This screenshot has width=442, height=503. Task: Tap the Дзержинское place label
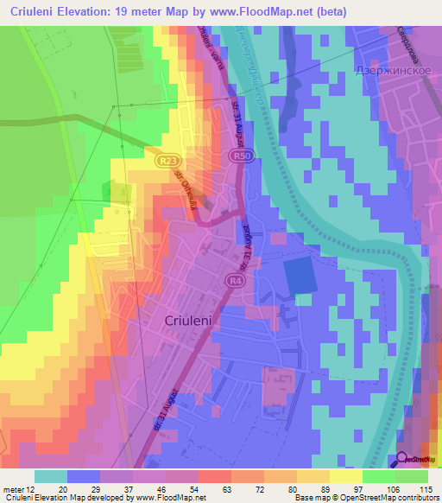point(394,73)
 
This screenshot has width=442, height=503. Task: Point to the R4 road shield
point(235,281)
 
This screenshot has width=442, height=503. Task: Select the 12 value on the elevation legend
point(30,489)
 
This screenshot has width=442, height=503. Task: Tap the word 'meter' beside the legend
point(12,489)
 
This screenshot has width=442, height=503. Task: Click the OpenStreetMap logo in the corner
point(415,459)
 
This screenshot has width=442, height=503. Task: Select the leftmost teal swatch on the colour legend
point(51,476)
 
